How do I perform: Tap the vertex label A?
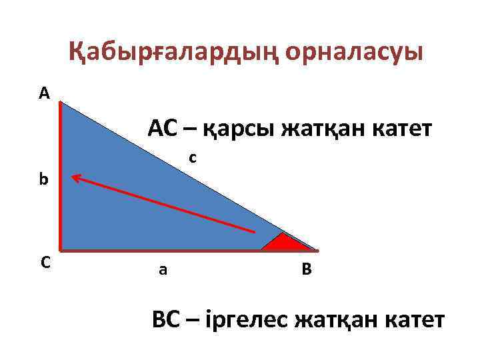(44, 94)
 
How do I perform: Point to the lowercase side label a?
(163, 270)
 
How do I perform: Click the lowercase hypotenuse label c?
(192, 158)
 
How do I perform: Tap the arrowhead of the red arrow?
(75, 177)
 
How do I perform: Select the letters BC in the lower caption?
(167, 321)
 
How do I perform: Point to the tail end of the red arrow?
(255, 231)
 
